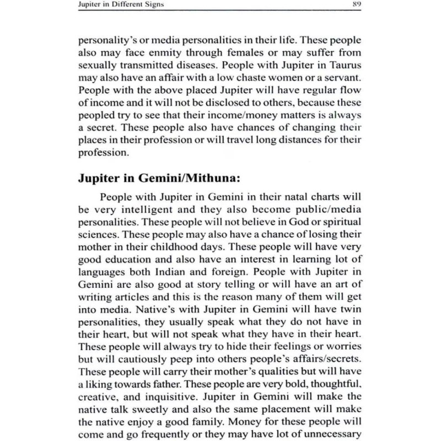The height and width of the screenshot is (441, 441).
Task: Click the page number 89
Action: pos(357,5)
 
